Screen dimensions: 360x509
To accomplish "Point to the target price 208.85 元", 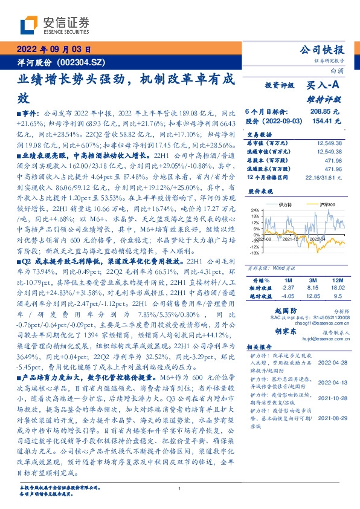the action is pos(327,112).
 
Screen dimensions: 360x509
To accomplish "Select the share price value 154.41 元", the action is pos(327,121).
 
